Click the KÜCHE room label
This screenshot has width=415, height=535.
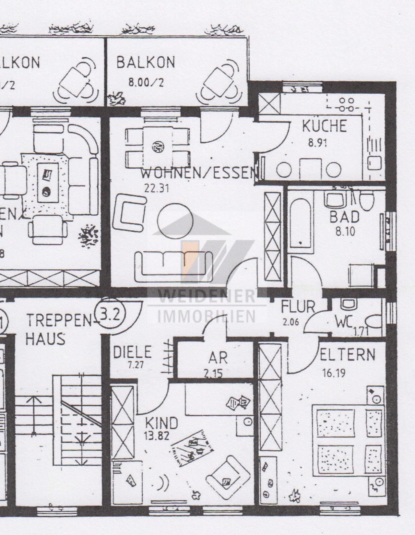point(325,126)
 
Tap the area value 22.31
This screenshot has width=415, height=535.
point(157,188)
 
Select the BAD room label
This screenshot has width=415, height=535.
point(344,217)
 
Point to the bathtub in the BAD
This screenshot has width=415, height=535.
point(300,222)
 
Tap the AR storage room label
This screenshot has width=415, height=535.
point(218,358)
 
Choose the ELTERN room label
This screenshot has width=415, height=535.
point(347,355)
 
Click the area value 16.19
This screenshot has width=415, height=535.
point(334,373)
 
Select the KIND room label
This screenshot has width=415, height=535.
point(161,423)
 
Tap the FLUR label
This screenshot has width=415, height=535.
point(298,306)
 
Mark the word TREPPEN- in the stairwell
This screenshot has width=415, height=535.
point(60,321)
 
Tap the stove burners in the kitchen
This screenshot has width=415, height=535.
point(346,104)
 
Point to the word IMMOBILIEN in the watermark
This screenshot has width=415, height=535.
point(207,316)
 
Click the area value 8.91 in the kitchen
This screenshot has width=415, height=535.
point(317,143)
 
